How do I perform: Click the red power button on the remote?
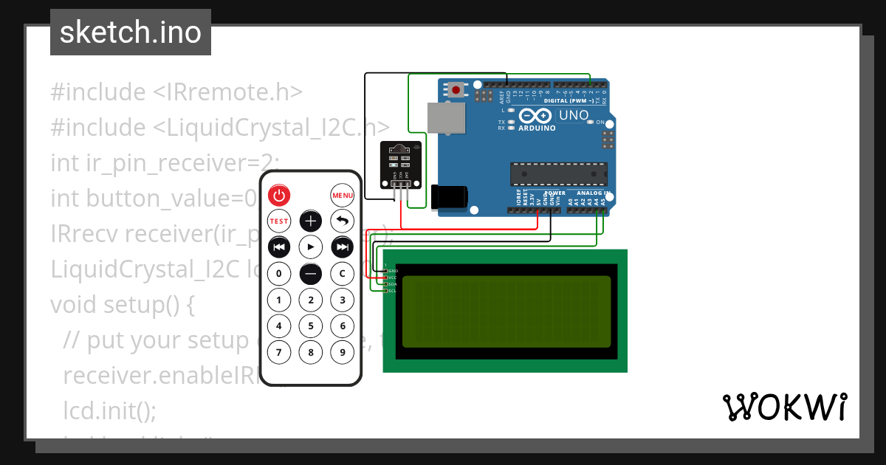(279, 196)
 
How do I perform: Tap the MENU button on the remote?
(343, 196)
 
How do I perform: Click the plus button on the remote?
(311, 221)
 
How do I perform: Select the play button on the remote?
(311, 247)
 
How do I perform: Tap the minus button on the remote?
(311, 274)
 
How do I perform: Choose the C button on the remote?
(343, 274)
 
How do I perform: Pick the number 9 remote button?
(343, 352)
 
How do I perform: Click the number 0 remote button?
(279, 274)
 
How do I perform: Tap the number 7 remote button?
(279, 352)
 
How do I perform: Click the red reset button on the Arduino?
(456, 91)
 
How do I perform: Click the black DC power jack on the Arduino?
(450, 196)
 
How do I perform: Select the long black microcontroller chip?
(559, 174)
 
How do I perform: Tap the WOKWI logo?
(784, 407)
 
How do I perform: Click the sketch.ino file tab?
(131, 32)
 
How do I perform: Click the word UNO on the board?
(573, 115)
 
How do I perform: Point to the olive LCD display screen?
(506, 311)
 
